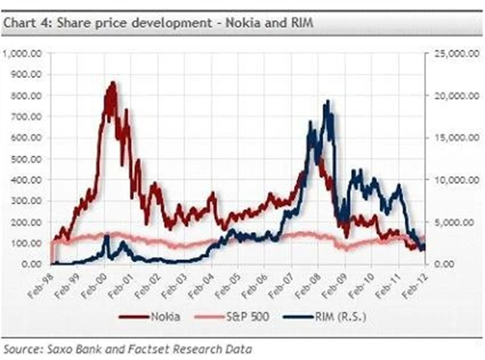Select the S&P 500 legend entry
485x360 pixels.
pos(236,317)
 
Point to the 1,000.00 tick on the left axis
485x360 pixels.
pos(26,54)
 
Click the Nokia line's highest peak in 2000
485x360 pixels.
pos(112,83)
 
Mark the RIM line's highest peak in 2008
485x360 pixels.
pos(327,101)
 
